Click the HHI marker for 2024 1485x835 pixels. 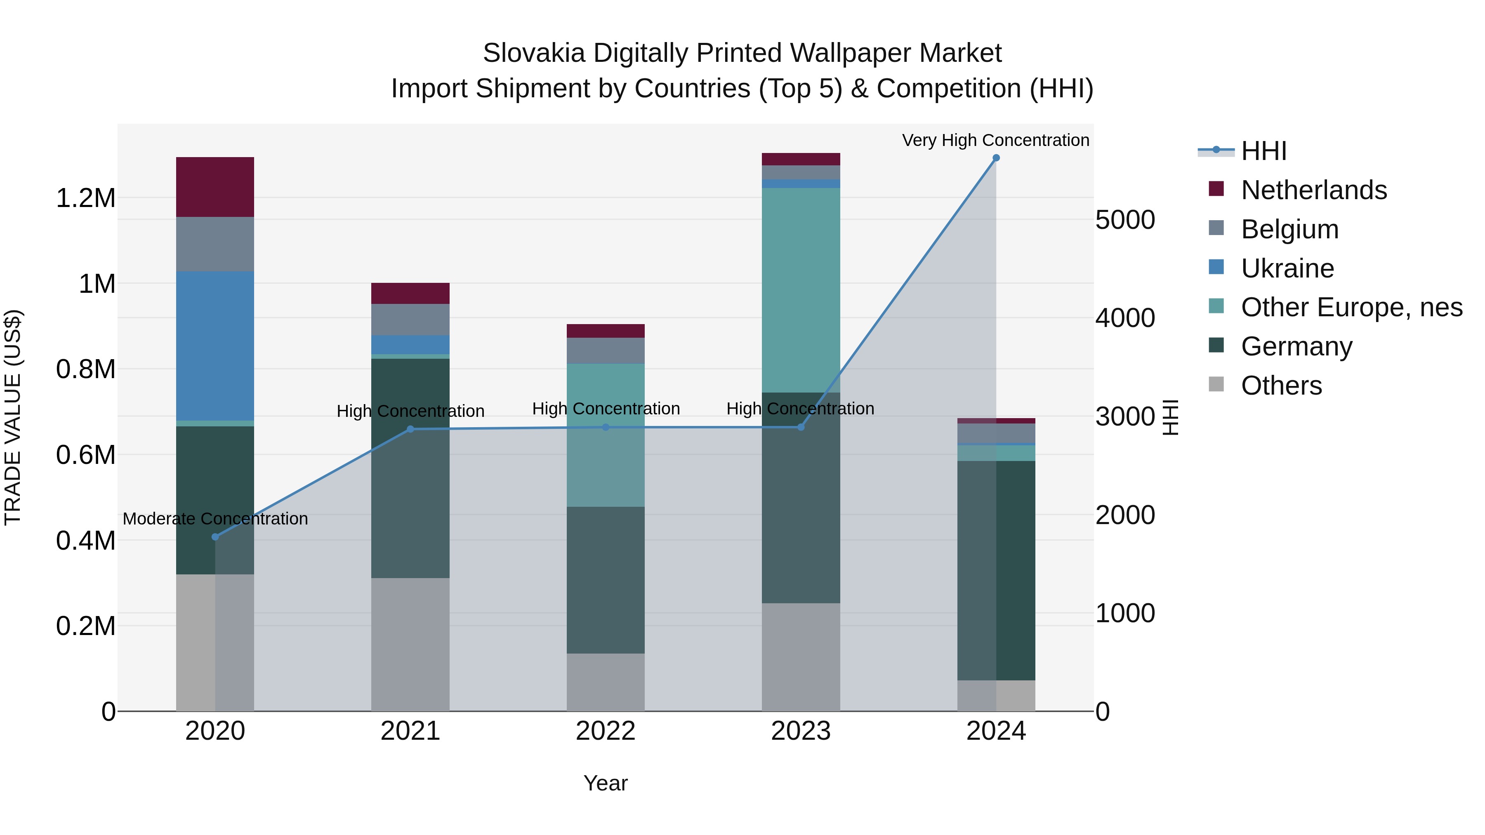(x=996, y=158)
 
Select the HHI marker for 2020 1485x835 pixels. (x=215, y=536)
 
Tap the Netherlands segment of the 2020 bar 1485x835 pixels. (x=215, y=187)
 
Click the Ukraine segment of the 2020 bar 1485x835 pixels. (x=215, y=346)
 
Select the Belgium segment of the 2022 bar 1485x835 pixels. (x=605, y=350)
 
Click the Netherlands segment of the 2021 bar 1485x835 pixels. (x=410, y=293)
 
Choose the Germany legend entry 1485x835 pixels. (x=1296, y=346)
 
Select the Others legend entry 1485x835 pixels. (x=1281, y=386)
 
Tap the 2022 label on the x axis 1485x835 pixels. (x=605, y=731)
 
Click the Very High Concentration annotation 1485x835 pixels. (x=996, y=140)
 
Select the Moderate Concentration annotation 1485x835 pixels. (x=215, y=519)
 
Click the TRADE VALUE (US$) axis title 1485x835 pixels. (x=13, y=417)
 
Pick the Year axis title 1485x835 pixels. (x=605, y=783)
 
